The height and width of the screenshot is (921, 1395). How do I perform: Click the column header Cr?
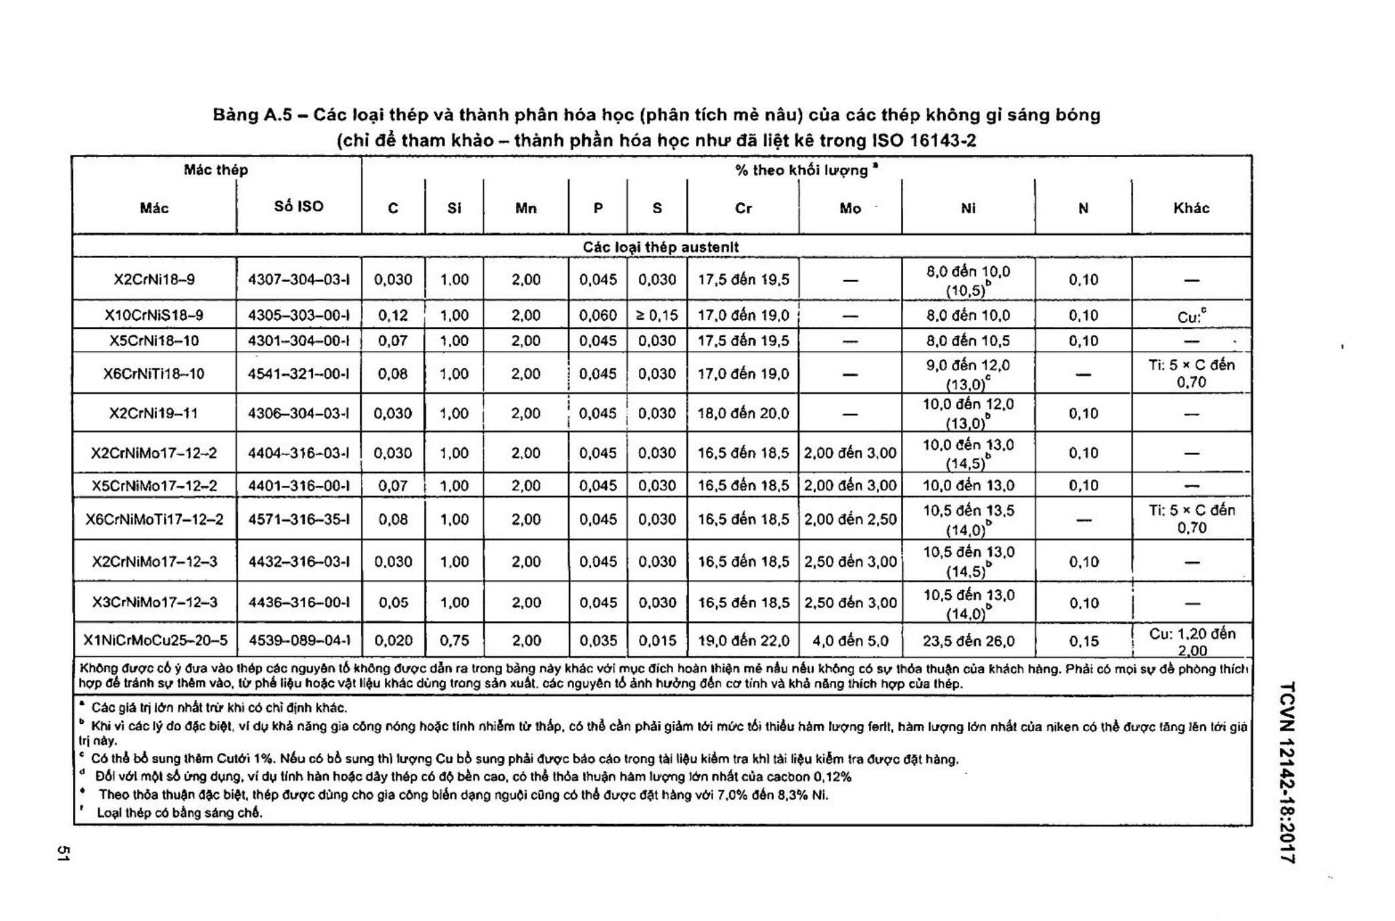click(743, 208)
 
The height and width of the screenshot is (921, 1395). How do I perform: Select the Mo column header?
click(850, 209)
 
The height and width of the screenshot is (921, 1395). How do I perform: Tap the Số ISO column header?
click(298, 207)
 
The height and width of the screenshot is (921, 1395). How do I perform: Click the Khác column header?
click(1190, 208)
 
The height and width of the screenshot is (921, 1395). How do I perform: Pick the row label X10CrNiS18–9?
click(154, 315)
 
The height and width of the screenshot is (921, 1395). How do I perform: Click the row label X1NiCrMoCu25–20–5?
click(154, 640)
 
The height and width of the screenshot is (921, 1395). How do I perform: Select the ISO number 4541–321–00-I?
click(298, 374)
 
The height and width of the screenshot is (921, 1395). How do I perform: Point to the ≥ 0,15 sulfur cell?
click(656, 315)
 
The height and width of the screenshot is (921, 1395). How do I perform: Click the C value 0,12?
click(392, 315)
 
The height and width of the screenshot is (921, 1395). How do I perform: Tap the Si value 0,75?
click(454, 640)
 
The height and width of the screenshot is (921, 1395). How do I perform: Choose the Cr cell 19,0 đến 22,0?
click(743, 640)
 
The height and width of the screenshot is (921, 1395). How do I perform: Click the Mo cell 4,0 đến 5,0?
click(850, 640)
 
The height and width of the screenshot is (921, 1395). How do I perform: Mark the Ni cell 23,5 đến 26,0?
click(968, 640)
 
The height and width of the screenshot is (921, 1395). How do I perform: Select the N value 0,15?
click(1083, 640)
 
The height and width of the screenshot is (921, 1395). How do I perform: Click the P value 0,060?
click(598, 315)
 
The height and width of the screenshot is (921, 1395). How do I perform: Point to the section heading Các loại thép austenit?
click(660, 247)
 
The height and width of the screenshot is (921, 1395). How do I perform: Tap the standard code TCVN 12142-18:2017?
click(1288, 772)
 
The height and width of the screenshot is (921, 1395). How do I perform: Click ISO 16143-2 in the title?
click(924, 140)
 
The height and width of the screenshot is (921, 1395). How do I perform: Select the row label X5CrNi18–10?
click(154, 340)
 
